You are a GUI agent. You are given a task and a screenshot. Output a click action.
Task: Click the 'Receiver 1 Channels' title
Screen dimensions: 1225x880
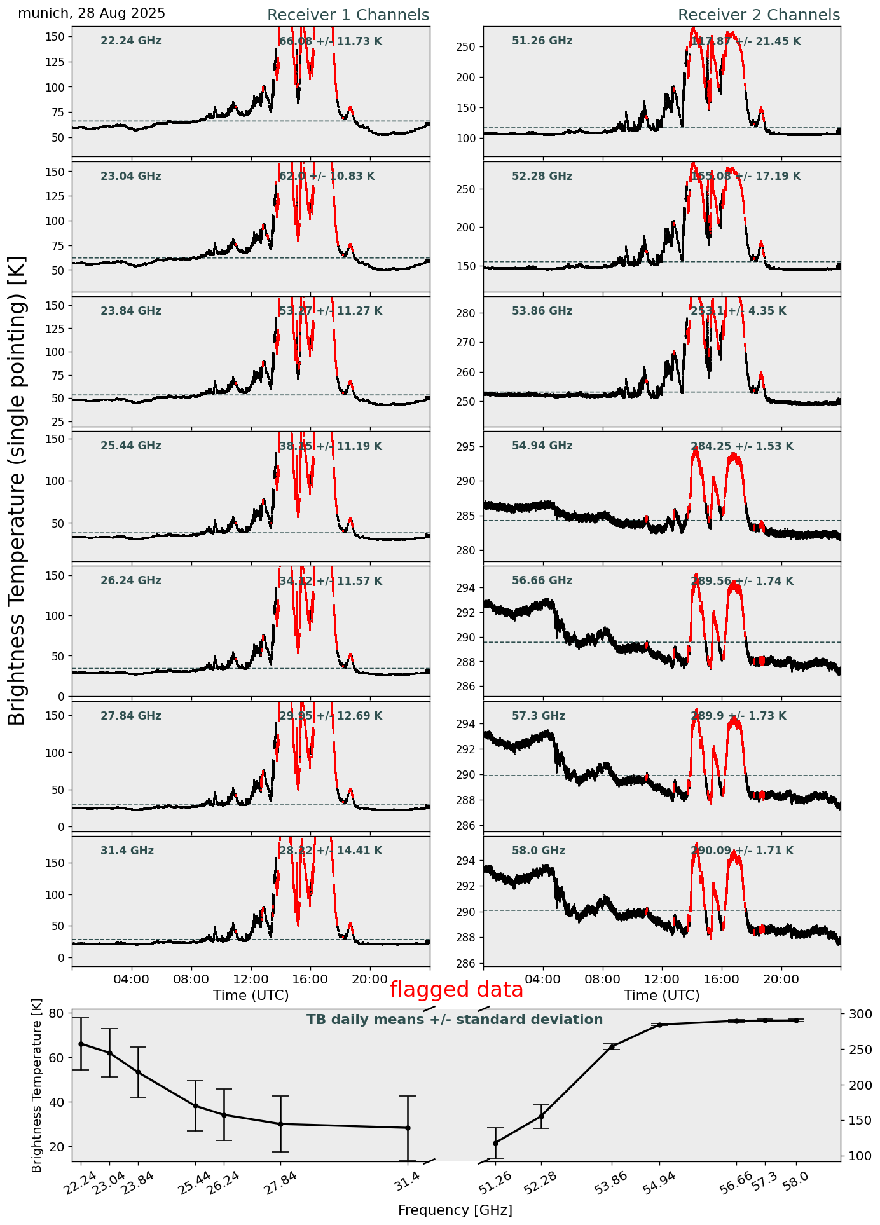[x=348, y=15]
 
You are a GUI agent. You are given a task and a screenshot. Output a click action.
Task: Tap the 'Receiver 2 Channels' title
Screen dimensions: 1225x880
[x=759, y=15]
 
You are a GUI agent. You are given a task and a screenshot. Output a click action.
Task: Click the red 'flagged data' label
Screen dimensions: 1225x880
[x=456, y=989]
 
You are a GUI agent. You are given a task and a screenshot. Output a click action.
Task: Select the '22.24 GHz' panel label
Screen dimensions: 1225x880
[x=131, y=41]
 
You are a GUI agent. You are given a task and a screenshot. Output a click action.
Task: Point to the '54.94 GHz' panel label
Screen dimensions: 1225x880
[x=542, y=446]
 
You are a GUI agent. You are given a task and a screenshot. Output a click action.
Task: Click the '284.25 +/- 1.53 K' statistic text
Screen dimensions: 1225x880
[x=741, y=447]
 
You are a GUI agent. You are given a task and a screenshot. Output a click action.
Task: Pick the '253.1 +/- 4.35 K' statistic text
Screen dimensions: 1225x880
[x=738, y=311]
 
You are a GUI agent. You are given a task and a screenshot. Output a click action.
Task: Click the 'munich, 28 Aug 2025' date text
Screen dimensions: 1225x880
[x=92, y=13]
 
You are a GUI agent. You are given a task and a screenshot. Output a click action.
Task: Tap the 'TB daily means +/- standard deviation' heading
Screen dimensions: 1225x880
[x=455, y=1020]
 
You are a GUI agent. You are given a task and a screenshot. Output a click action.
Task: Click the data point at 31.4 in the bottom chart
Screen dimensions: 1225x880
[x=408, y=1128]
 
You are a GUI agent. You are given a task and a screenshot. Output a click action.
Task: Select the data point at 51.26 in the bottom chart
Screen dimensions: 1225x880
[x=495, y=1143]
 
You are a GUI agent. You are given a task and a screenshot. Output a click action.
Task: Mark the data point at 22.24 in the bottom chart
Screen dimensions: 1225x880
[x=81, y=1044]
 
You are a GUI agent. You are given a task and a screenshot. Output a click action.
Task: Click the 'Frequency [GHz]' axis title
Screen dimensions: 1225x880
[x=455, y=1210]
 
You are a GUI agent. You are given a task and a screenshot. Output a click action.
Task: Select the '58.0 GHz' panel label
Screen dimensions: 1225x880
[x=538, y=851]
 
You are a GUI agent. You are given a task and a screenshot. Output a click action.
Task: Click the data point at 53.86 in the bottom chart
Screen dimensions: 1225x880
[x=612, y=1046]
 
